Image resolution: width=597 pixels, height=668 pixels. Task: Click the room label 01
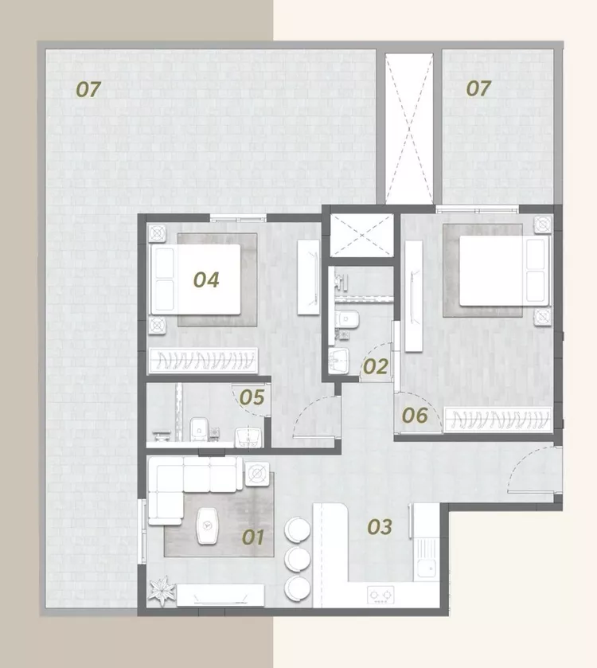(253, 537)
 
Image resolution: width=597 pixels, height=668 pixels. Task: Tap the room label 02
(376, 366)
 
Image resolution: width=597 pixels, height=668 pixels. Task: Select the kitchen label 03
(380, 527)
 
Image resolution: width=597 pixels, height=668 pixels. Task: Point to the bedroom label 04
(206, 280)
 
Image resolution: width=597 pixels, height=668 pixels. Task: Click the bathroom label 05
(252, 397)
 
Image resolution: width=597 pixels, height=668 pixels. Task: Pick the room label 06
(415, 416)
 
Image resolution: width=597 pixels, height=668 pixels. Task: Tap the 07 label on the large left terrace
(88, 89)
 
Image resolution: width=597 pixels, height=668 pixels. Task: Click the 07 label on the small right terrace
(478, 88)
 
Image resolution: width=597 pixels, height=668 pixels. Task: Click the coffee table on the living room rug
(208, 525)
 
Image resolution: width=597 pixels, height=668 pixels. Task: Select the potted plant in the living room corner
(162, 591)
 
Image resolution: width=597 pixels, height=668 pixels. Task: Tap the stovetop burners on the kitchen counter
(380, 594)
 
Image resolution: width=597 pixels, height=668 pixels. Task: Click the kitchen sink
(426, 558)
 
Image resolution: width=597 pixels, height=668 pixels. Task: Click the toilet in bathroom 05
(198, 429)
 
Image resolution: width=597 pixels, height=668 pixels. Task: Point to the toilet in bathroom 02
(348, 318)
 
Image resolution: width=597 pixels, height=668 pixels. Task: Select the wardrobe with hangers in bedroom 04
(204, 361)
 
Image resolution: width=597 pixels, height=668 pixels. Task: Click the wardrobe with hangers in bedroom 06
(497, 420)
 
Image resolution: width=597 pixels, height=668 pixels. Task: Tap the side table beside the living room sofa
(257, 473)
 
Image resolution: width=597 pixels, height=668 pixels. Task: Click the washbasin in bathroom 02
(339, 361)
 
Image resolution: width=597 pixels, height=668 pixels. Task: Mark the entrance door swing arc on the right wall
(529, 468)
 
